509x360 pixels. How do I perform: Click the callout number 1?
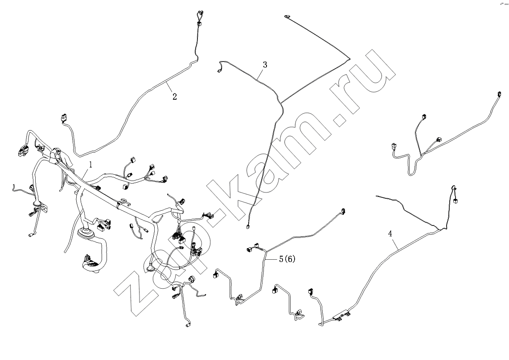coord(91,164)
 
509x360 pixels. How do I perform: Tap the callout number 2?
coord(175,96)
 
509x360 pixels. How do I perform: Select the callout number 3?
coord(265,65)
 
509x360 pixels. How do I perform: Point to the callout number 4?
coord(390,234)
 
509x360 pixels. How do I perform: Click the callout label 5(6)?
coord(287,259)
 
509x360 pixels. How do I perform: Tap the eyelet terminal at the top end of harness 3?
coord(287,16)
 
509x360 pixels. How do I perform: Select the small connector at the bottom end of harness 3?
coord(247,227)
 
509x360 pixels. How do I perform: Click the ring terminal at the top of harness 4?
coord(454,188)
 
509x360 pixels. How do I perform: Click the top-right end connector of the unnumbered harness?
coord(499,94)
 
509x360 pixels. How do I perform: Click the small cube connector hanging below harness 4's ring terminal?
coord(456,201)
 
